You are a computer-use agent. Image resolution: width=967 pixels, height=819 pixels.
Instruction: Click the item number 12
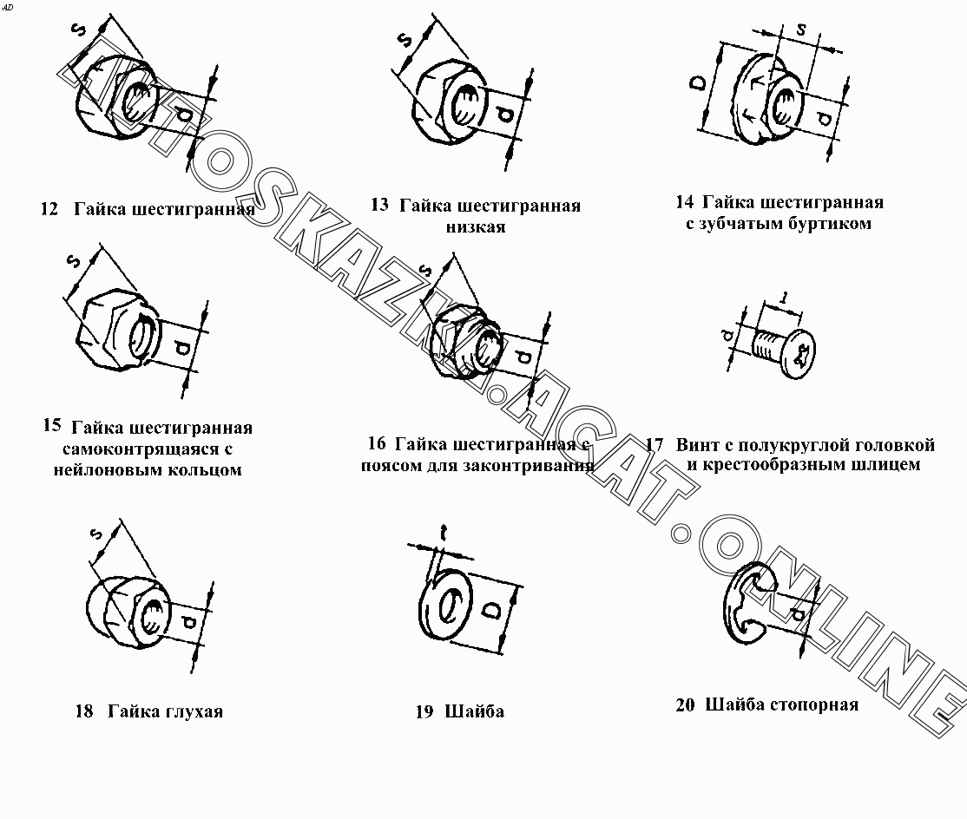49,210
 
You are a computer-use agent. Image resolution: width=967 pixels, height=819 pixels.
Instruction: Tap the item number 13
380,205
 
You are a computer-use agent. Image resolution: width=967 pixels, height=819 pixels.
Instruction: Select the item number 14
685,201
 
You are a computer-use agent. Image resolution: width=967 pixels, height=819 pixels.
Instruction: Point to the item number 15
52,425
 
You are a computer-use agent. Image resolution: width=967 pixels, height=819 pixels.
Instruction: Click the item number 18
84,711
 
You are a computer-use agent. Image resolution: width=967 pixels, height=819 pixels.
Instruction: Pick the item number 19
424,712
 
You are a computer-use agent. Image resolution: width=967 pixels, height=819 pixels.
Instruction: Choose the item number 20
685,705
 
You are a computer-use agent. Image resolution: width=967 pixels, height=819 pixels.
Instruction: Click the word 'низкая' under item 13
476,226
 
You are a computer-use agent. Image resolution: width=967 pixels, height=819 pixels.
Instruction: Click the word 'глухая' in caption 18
193,711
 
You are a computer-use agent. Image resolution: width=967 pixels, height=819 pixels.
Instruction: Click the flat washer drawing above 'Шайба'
445,607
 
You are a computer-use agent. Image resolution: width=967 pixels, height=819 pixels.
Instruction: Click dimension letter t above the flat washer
444,533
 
